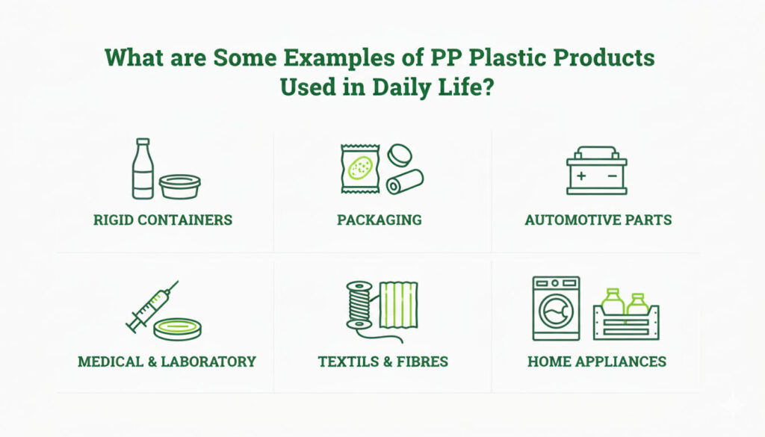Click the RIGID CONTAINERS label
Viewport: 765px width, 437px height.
pos(163,220)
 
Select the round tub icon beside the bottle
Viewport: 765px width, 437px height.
pos(179,186)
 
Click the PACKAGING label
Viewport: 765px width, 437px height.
pos(379,220)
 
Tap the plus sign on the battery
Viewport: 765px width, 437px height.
pos(580,177)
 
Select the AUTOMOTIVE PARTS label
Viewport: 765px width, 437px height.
pos(598,220)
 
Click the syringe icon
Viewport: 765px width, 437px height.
pos(151,307)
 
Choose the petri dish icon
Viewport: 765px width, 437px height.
pos(177,328)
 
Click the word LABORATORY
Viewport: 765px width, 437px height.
pos(211,362)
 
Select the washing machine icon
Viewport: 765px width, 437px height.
pos(555,308)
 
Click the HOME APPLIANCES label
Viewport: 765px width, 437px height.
pos(596,362)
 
